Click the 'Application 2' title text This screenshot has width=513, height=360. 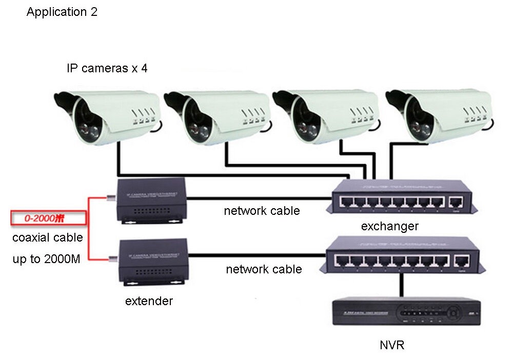(62, 12)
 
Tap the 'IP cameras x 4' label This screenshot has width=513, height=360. (107, 68)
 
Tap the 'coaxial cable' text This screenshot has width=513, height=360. (47, 238)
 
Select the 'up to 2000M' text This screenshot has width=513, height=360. (46, 259)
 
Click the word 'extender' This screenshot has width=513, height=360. (149, 301)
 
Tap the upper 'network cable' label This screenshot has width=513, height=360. (262, 210)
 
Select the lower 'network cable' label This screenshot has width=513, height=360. (264, 269)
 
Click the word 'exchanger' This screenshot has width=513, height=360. (390, 226)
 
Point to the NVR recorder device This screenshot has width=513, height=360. (405, 311)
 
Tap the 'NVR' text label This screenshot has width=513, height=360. (392, 345)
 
